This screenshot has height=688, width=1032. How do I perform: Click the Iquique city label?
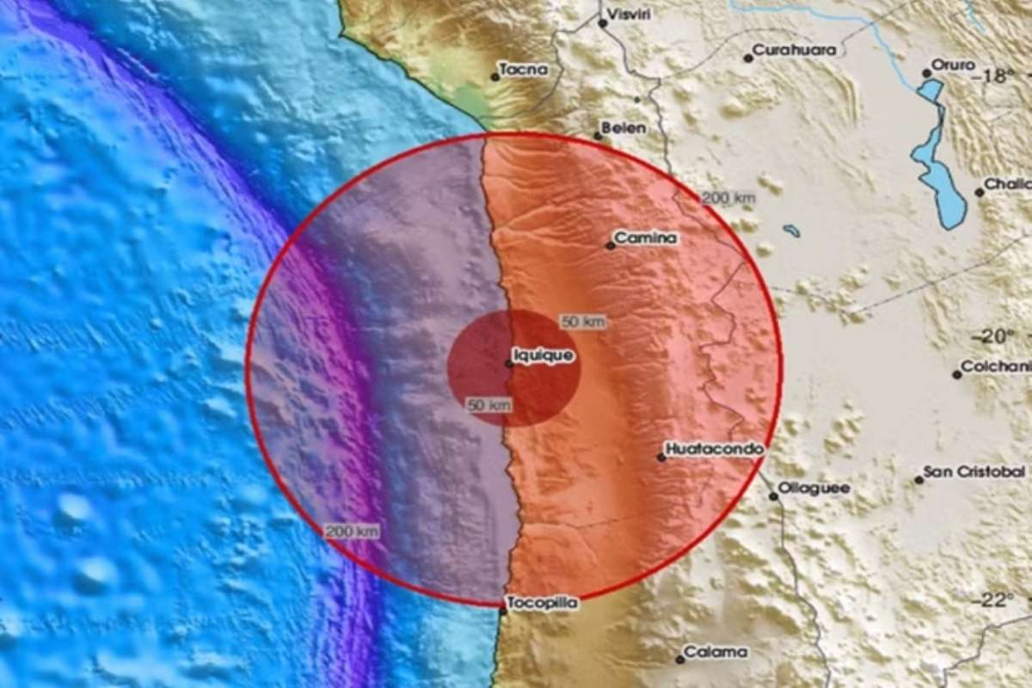point(544,353)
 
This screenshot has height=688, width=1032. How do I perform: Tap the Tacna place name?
point(524,70)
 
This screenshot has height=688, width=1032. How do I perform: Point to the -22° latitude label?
point(995,600)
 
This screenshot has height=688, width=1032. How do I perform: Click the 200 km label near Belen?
point(728,199)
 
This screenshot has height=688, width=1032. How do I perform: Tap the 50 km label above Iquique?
point(583,322)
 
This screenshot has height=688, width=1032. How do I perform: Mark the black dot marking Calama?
point(679,660)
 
